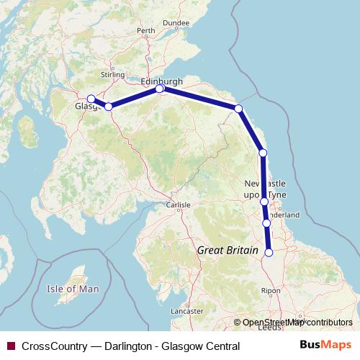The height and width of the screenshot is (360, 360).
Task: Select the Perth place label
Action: pyautogui.click(x=145, y=30)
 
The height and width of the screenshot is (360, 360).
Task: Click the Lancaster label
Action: pyautogui.click(x=188, y=311)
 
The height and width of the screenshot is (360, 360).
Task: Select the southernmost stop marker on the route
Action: pyautogui.click(x=269, y=253)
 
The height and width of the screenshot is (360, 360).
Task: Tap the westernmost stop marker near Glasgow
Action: pyautogui.click(x=91, y=99)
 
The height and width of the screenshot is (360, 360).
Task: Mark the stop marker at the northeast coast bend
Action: pyautogui.click(x=238, y=109)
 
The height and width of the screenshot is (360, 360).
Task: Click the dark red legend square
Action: pyautogui.click(x=10, y=346)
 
